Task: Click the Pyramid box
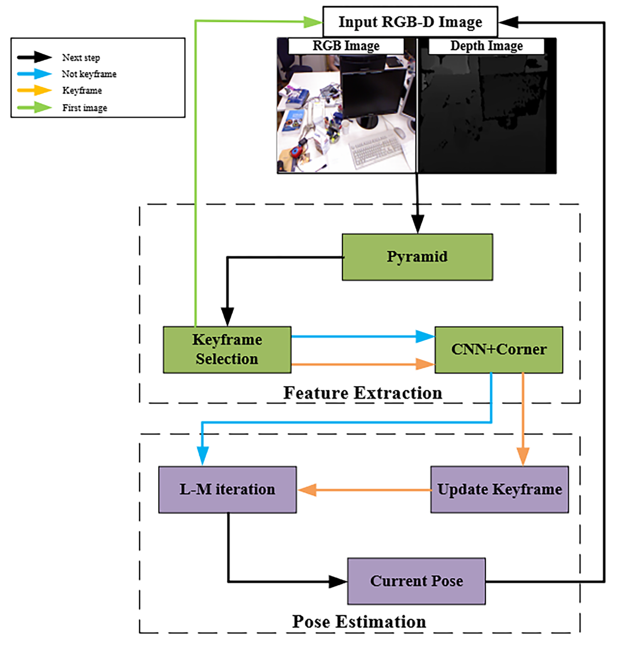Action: point(417,257)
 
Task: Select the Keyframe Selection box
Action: point(227,350)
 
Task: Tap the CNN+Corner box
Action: point(499,350)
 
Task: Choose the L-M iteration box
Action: point(228,489)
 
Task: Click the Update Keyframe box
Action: point(499,489)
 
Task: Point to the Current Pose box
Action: point(416,581)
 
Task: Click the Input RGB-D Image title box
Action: point(410,22)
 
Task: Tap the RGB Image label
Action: point(346,46)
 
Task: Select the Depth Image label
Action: point(486,46)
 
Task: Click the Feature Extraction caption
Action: point(363,393)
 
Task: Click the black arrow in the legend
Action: point(35,57)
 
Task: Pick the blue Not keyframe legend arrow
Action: point(35,73)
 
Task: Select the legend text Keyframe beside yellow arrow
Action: point(82,90)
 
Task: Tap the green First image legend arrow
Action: point(35,107)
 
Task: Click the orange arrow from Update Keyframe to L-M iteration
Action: point(365,490)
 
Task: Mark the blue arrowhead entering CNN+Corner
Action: point(425,336)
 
